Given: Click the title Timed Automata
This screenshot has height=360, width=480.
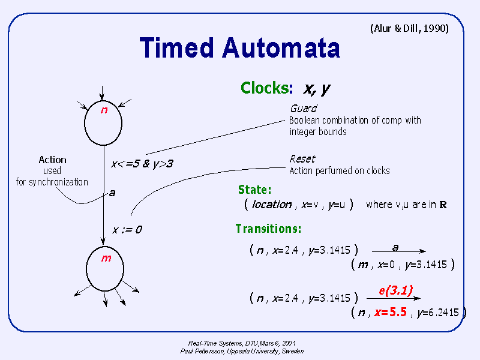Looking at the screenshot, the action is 239,48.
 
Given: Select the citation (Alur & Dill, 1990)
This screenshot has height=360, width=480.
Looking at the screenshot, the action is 410,28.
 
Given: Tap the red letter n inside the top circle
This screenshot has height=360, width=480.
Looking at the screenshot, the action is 104,110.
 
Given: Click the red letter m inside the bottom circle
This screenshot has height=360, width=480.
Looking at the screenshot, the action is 106,259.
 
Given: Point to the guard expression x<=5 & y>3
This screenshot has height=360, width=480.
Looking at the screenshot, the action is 142,164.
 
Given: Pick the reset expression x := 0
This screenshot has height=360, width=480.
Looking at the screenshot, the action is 127,230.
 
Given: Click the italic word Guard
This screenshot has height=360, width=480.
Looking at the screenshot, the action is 304,109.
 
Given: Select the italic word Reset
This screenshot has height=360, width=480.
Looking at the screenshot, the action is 302,159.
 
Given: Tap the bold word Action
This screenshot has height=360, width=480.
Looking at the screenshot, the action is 52,160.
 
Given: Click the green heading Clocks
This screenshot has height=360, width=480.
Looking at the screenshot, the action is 265,88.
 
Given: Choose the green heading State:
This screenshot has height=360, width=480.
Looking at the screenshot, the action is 254,190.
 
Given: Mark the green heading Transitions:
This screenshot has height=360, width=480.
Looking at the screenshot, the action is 268,229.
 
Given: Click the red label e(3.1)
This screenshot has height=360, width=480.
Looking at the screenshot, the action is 396,290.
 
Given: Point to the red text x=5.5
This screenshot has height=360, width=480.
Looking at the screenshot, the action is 391,312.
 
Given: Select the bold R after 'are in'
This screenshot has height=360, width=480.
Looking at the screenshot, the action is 443,205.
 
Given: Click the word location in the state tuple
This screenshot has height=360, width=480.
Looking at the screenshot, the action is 272,205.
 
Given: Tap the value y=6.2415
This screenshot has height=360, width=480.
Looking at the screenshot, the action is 438,312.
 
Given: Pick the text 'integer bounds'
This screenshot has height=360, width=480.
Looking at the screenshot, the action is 318,131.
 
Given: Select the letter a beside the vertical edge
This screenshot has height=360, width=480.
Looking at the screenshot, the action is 112,193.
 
